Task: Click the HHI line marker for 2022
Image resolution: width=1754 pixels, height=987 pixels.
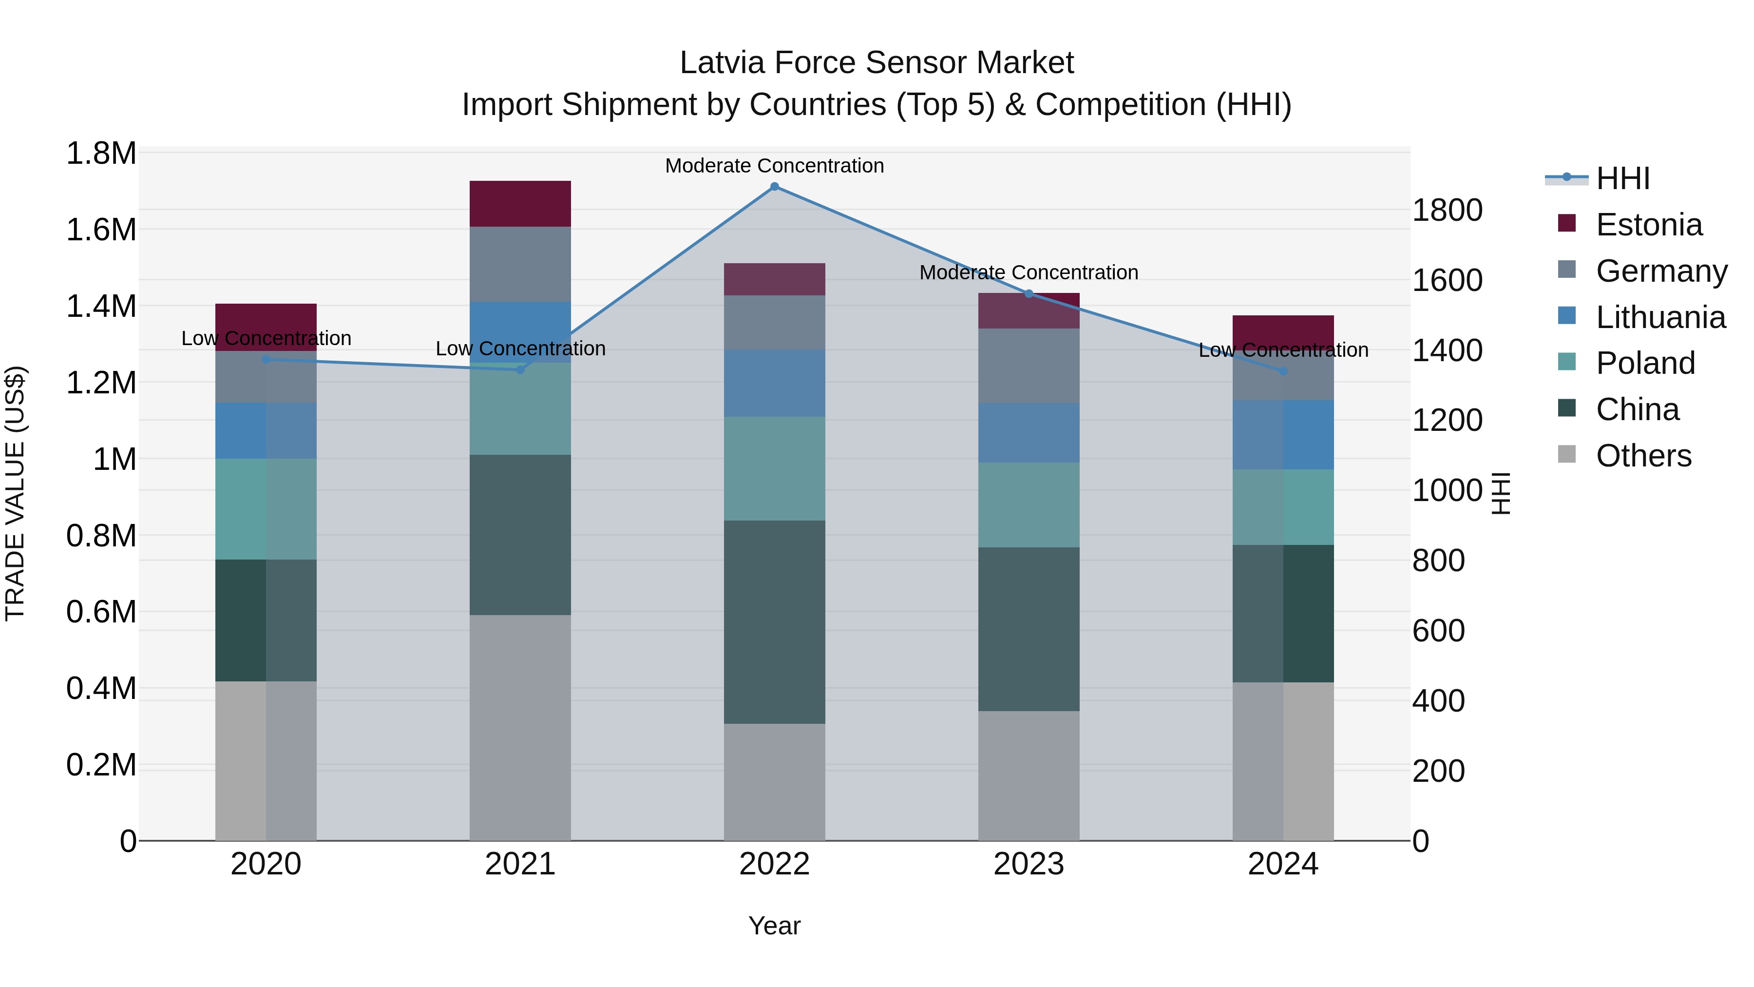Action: click(x=774, y=187)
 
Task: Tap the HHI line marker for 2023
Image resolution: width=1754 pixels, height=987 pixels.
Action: click(x=1029, y=293)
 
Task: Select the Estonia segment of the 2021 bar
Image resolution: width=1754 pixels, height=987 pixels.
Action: click(x=520, y=204)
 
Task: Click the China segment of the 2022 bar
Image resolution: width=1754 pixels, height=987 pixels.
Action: click(x=774, y=622)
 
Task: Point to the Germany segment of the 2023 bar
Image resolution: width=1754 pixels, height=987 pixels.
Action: click(x=1029, y=366)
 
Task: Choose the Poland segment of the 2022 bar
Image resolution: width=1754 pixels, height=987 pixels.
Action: click(x=774, y=468)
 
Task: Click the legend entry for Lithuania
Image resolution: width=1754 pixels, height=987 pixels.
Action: click(x=1660, y=317)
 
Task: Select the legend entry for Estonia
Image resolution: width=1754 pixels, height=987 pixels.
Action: click(x=1648, y=225)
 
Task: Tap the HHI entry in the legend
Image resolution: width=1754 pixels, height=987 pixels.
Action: click(x=1622, y=178)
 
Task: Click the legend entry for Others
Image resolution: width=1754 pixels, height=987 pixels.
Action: click(x=1643, y=456)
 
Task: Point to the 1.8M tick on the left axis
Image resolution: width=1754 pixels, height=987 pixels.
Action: click(x=101, y=153)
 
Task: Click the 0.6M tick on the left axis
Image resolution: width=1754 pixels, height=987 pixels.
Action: click(x=101, y=612)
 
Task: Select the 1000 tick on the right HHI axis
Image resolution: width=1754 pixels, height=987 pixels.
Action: click(x=1447, y=490)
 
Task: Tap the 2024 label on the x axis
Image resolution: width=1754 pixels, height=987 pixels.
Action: click(x=1283, y=864)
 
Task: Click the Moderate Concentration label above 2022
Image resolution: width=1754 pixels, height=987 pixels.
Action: click(x=774, y=166)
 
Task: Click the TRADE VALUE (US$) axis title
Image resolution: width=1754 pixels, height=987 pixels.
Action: click(x=15, y=493)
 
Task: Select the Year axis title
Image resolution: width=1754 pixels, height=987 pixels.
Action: click(x=774, y=926)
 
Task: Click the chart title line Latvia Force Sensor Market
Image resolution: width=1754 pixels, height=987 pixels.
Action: click(x=877, y=63)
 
